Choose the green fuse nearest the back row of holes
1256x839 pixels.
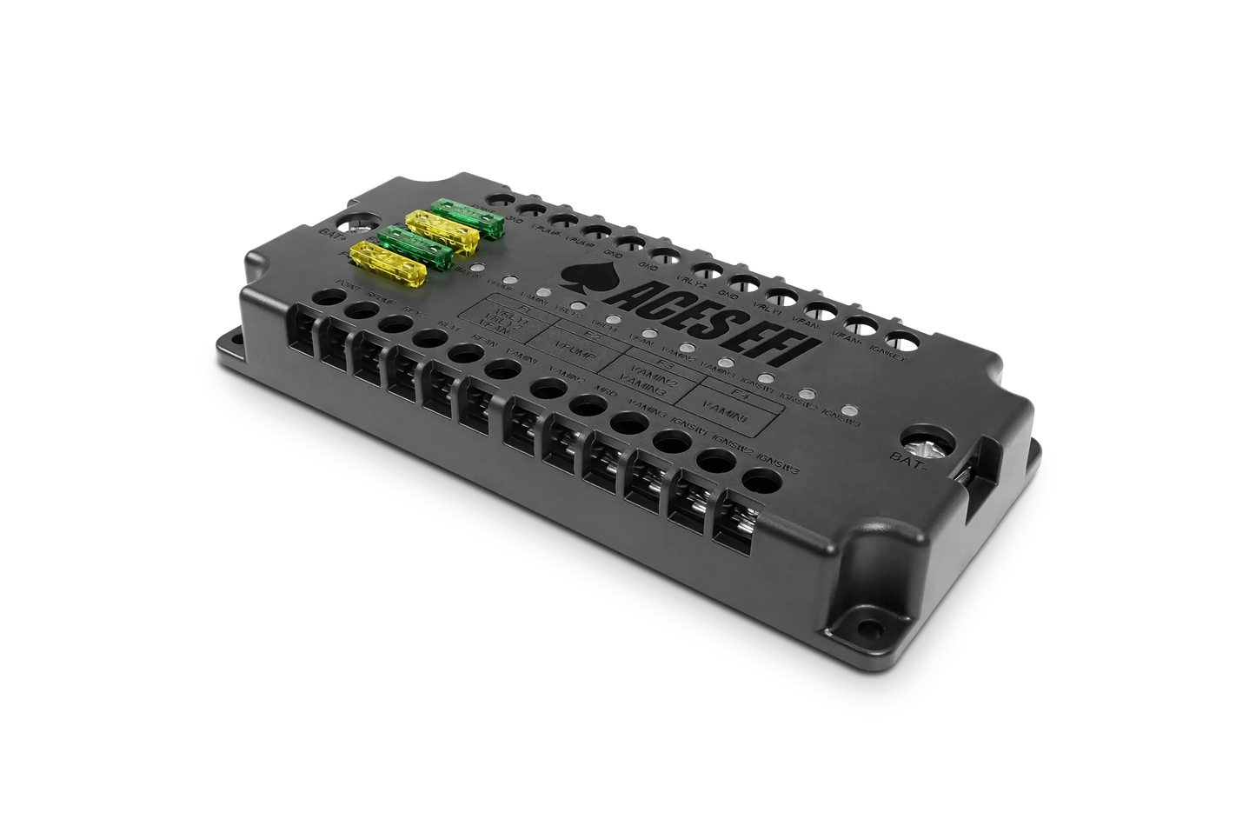(469, 217)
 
